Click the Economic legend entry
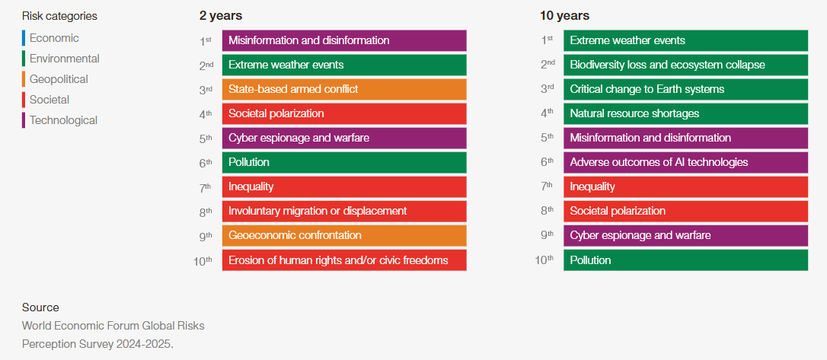click(x=50, y=38)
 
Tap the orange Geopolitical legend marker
click(x=23, y=79)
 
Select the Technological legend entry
click(x=59, y=120)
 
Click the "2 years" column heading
click(x=221, y=16)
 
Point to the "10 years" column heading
click(x=564, y=16)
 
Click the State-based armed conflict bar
click(x=344, y=89)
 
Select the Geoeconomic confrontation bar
click(x=344, y=236)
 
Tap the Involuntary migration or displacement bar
click(x=344, y=211)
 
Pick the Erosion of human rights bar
click(x=344, y=260)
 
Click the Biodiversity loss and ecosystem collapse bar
click(x=685, y=65)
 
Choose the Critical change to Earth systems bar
click(x=685, y=89)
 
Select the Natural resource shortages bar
click(x=685, y=113)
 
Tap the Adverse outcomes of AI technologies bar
click(x=685, y=162)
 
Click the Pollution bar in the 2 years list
click(x=344, y=162)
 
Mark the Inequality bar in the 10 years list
click(x=685, y=186)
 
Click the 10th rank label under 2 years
click(x=203, y=260)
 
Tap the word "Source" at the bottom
click(x=40, y=307)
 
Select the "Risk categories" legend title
click(x=59, y=16)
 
